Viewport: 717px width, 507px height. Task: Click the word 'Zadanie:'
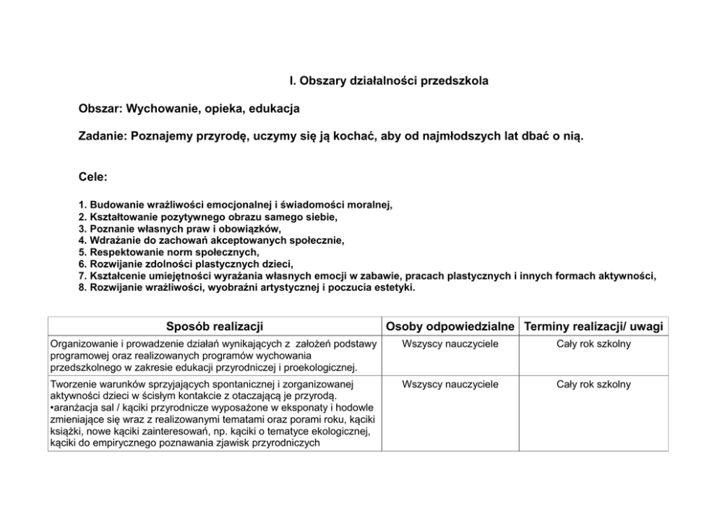pos(102,136)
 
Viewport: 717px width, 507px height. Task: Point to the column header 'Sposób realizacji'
pos(214,326)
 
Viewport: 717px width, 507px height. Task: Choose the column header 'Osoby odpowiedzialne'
pos(450,326)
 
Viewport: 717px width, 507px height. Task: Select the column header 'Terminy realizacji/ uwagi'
pos(594,326)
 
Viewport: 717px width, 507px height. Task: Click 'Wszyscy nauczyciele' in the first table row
pos(450,344)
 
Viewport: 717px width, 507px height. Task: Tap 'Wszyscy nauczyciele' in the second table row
pos(450,385)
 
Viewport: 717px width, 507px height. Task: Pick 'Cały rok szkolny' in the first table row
pos(594,344)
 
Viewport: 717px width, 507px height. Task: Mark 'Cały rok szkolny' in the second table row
pos(594,385)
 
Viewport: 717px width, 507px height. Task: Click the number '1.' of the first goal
pos(82,205)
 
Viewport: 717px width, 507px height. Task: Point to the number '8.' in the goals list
pos(82,288)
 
